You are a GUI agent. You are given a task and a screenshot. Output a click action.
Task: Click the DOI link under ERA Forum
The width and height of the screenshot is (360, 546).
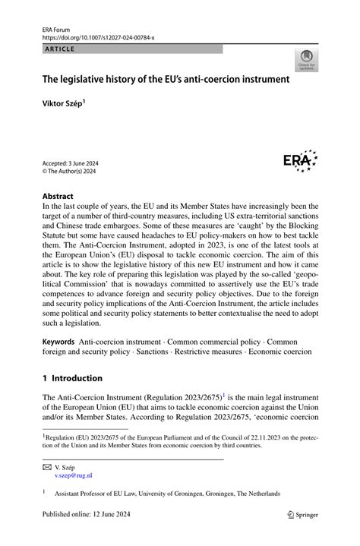click(x=98, y=37)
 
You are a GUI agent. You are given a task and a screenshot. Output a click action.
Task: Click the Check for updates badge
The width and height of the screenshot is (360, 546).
click(x=307, y=60)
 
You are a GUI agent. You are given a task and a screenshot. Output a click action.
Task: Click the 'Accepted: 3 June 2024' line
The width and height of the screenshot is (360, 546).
click(x=70, y=163)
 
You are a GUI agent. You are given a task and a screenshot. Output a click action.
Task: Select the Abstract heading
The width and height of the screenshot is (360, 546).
click(x=58, y=195)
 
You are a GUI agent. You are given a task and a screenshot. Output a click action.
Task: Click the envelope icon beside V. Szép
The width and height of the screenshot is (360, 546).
click(x=47, y=467)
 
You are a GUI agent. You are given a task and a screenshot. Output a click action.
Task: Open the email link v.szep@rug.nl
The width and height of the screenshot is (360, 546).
click(x=73, y=475)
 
